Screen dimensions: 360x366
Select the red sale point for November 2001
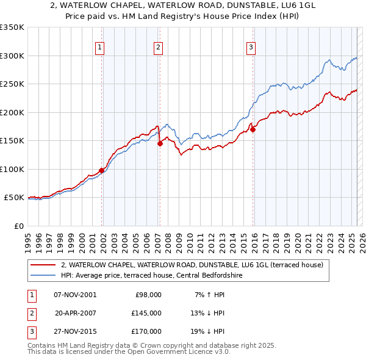[x=101, y=170]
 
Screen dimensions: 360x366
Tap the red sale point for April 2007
[x=160, y=144]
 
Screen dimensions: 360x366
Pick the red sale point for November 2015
[x=253, y=129]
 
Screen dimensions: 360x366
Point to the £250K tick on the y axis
[x=12, y=84]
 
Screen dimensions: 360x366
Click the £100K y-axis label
[x=12, y=169]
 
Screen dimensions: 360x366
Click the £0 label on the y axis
[x=18, y=226]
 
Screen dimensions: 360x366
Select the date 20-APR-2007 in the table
[x=76, y=313]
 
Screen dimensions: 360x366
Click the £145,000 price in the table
[x=146, y=313]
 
